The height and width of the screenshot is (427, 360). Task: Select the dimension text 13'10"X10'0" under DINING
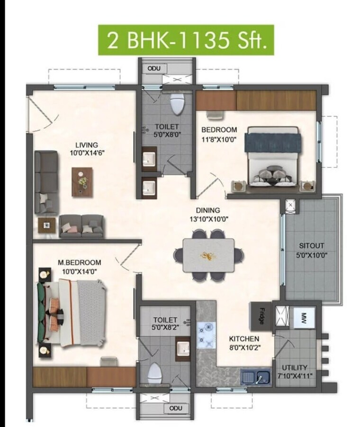pyautogui.click(x=208, y=219)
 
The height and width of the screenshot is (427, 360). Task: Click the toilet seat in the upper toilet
pyautogui.click(x=177, y=104)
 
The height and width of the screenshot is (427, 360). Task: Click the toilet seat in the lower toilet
pyautogui.click(x=154, y=373)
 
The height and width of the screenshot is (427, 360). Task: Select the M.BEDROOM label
pyautogui.click(x=79, y=262)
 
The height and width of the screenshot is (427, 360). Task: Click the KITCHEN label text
pyautogui.click(x=244, y=338)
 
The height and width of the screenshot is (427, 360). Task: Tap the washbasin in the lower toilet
pyautogui.click(x=182, y=349)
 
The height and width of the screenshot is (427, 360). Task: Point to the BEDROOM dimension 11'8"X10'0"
pyautogui.click(x=219, y=138)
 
